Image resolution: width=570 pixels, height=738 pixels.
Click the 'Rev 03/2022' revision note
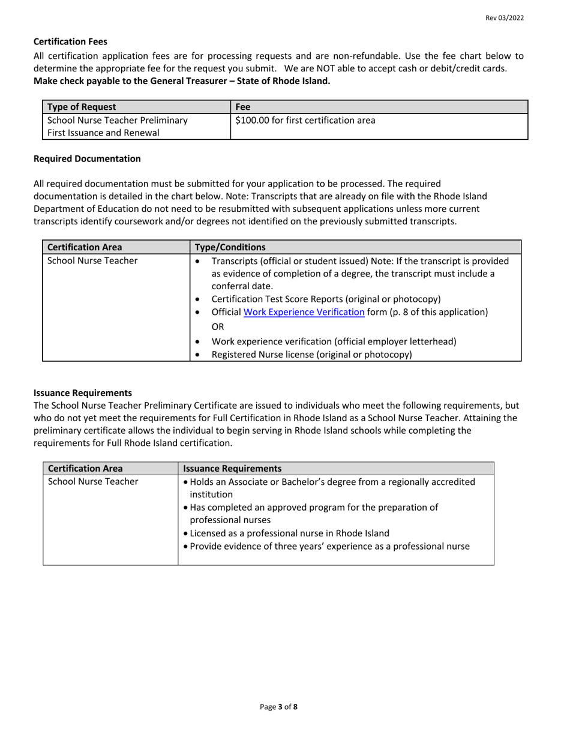coord(505,18)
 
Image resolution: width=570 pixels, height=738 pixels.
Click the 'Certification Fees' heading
coord(70,41)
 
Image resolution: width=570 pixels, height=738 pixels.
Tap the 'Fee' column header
coord(242,107)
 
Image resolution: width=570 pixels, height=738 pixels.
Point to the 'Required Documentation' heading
coord(87,158)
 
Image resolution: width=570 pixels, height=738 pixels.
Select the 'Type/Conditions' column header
coord(230,247)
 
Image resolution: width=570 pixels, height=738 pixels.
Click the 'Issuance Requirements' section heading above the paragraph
coord(83,393)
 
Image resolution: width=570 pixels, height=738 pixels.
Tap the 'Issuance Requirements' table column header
coord(232,468)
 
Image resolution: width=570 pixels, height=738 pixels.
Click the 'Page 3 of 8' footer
coord(279,707)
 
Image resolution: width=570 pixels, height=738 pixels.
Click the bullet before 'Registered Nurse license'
coord(199,355)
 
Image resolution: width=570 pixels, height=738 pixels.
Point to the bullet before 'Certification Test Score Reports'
coord(199,299)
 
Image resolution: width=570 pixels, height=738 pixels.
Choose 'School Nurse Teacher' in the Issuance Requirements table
coord(92,481)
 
